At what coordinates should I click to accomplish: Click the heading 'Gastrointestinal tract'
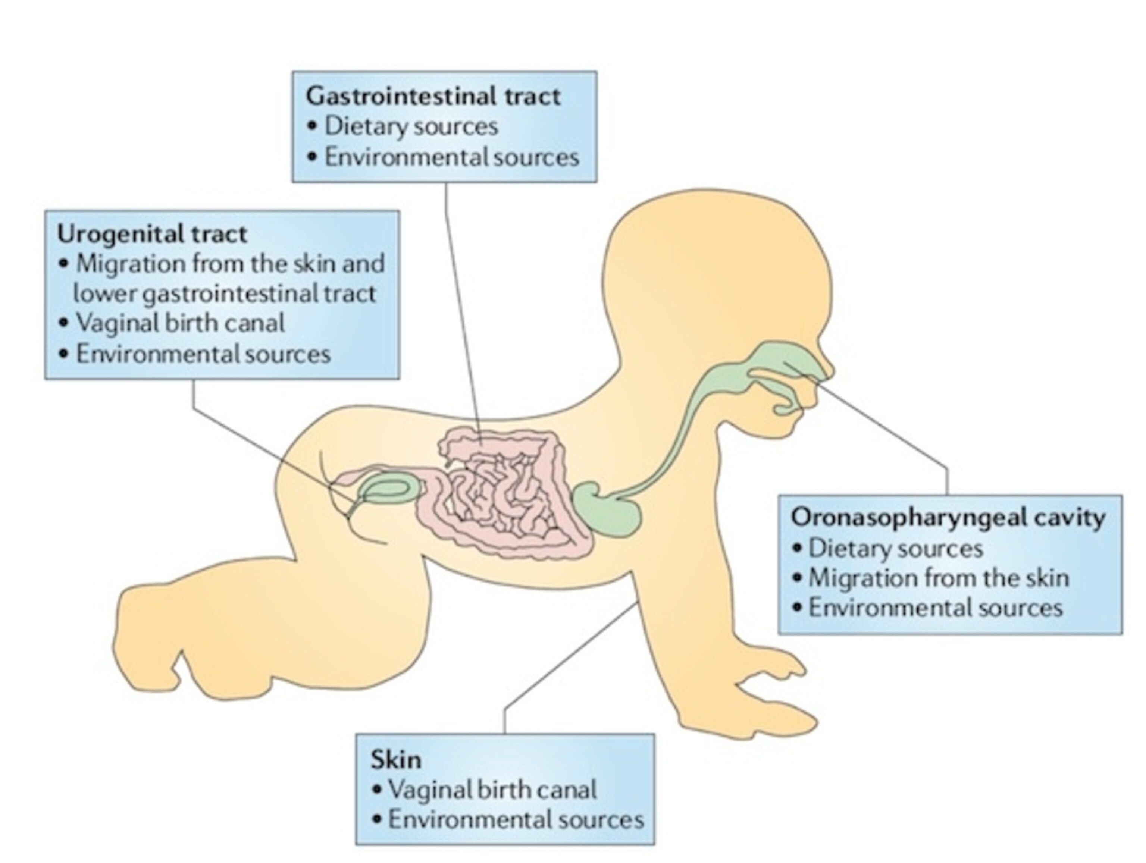coord(433,96)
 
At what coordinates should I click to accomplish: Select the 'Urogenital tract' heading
coord(152,234)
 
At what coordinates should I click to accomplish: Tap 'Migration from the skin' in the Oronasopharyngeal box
coord(938,578)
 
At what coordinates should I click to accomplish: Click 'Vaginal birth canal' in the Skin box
coord(492,790)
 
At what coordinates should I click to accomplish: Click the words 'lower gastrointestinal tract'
coord(224,294)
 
